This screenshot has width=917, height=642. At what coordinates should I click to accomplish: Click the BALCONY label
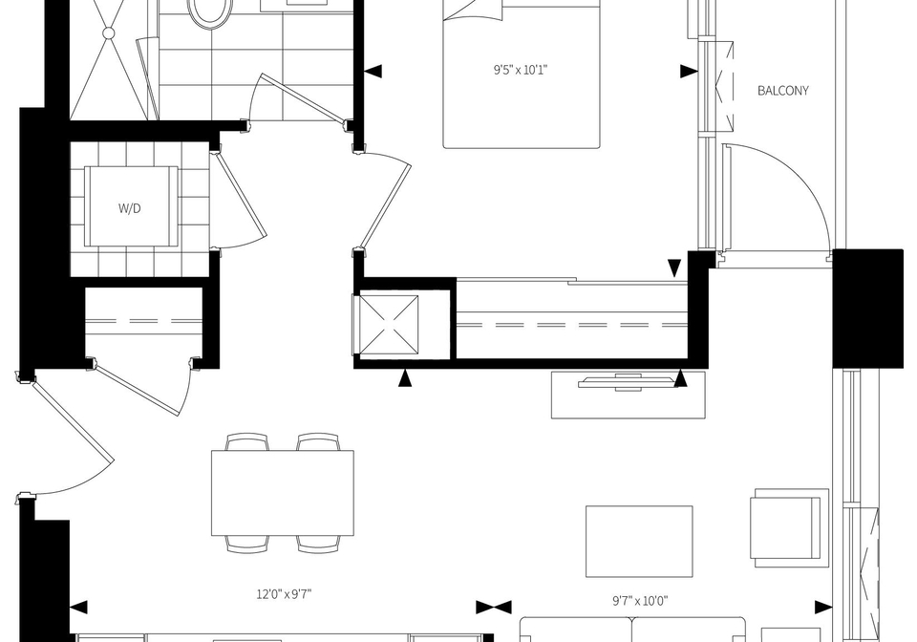point(783,91)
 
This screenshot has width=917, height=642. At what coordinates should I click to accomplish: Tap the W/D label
point(130,208)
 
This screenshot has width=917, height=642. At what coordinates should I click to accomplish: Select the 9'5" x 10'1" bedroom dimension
point(521,71)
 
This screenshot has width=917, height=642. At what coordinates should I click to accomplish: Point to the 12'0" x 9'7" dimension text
point(284,594)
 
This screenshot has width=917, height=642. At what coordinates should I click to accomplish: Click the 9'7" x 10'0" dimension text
point(640,601)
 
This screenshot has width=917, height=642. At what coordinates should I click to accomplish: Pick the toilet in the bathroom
point(209,11)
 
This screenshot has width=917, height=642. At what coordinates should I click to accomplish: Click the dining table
point(283,492)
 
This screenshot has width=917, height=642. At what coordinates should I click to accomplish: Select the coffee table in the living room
point(639,542)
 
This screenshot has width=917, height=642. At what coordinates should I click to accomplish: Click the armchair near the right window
point(790,527)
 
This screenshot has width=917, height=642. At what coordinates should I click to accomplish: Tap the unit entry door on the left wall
point(70,419)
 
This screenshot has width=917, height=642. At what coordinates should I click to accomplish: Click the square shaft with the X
point(389,325)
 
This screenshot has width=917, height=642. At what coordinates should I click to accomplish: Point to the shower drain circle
point(109,33)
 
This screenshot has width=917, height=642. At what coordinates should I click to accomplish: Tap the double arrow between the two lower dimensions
point(494,608)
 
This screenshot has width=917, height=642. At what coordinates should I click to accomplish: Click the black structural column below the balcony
point(868,309)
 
